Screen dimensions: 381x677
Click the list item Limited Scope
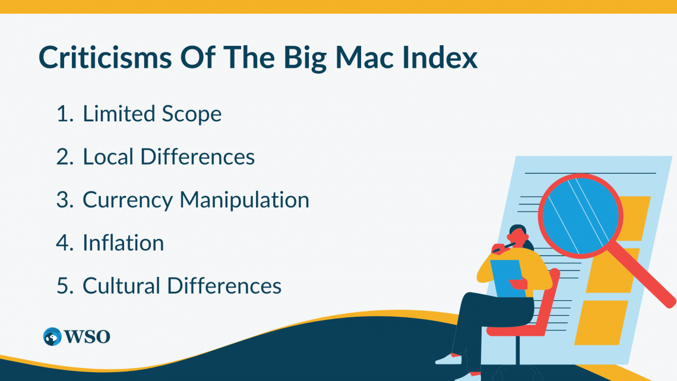(x=152, y=114)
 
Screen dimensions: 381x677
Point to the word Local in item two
(x=108, y=156)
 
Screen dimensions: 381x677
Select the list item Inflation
(x=123, y=243)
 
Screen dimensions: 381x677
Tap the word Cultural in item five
(x=121, y=286)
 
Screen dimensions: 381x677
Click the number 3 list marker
(x=64, y=200)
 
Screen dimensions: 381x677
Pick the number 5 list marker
(x=64, y=286)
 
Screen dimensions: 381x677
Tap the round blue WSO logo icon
(x=53, y=336)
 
